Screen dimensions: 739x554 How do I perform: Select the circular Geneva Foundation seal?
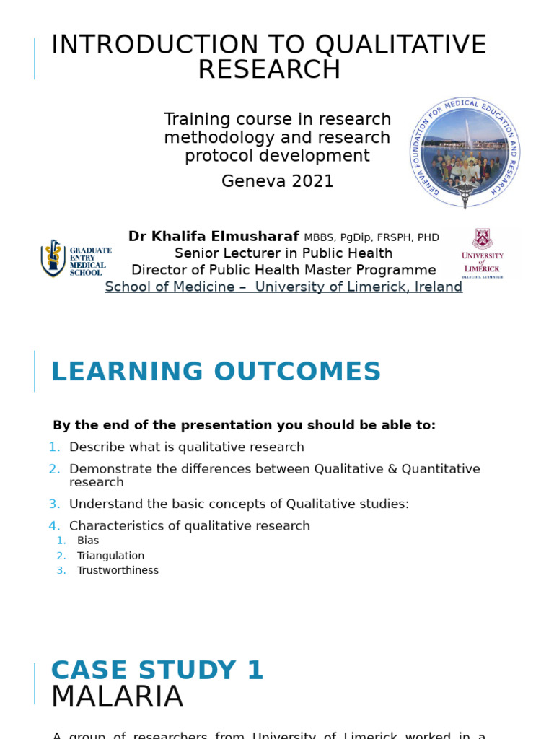tap(465, 153)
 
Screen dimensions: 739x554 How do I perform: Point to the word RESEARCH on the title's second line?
tap(269, 69)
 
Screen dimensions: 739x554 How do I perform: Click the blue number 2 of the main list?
tap(55, 469)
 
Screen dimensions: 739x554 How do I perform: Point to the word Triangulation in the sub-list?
tap(110, 556)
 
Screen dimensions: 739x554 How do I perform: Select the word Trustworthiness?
tap(118, 570)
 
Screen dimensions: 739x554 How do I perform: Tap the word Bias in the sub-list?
tap(88, 541)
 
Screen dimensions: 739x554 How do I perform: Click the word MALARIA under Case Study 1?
tap(117, 697)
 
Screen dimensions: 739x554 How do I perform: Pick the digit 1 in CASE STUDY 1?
tap(255, 670)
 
